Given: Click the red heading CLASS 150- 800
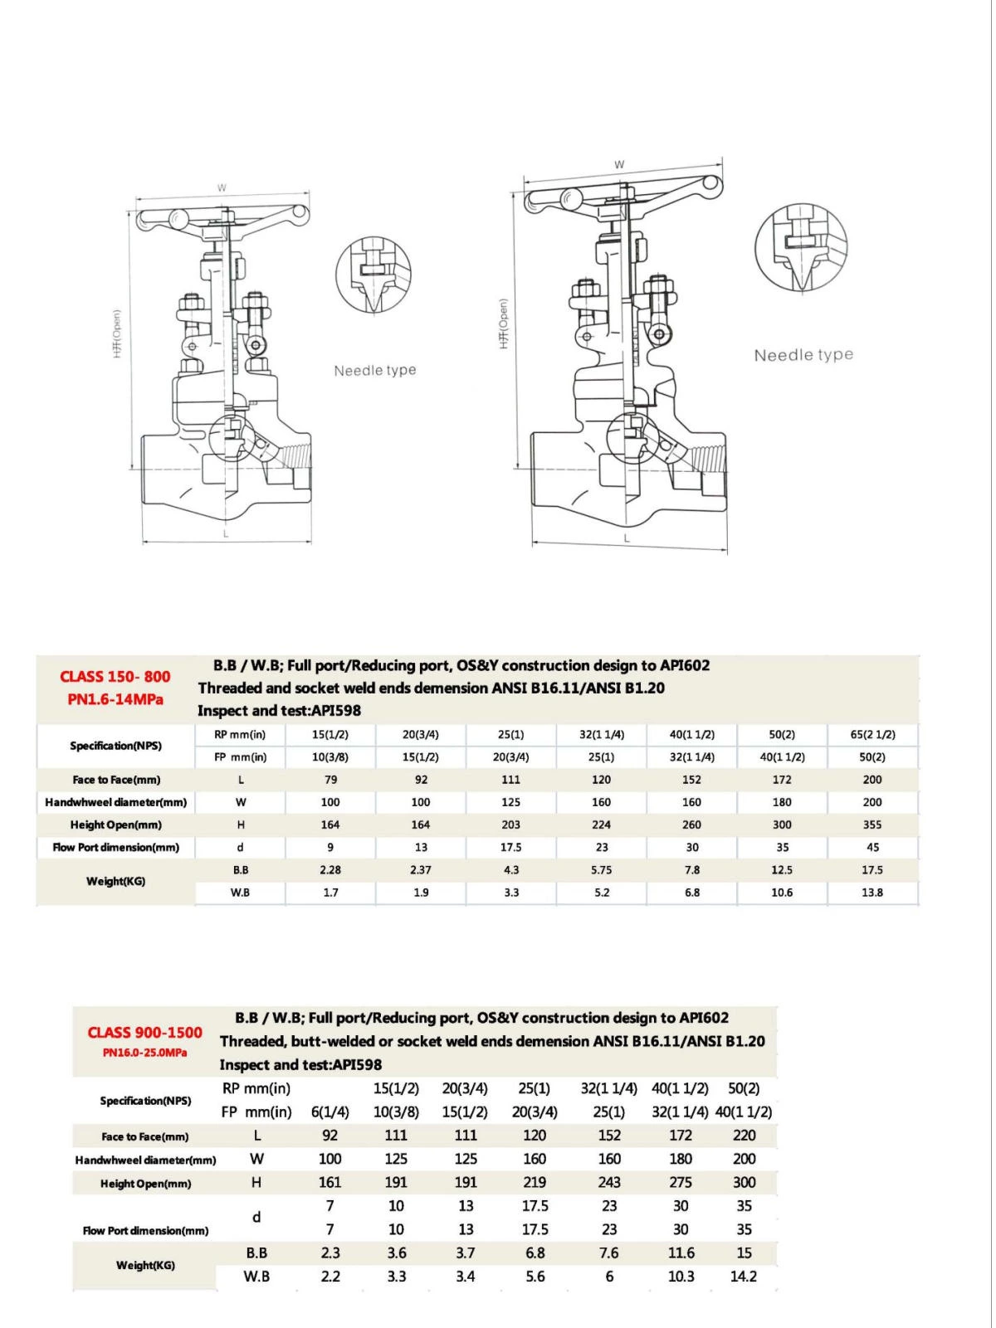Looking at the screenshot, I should tap(115, 677).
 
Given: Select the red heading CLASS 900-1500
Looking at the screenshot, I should tap(145, 1033).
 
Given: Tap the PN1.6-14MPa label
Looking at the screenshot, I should tap(115, 699).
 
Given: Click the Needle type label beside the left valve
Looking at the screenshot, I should tap(375, 371).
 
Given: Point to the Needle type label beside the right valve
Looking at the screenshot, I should tap(803, 355).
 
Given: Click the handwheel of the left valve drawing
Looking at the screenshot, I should tap(222, 219).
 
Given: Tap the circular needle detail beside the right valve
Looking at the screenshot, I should tap(801, 248).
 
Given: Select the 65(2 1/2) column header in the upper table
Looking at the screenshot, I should tap(872, 735).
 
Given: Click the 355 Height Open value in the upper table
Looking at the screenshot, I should tap(872, 825).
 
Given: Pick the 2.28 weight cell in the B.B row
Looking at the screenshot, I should tap(330, 870).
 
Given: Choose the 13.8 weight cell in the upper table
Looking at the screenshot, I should tap(872, 893).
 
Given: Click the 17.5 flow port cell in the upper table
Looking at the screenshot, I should tap(511, 848).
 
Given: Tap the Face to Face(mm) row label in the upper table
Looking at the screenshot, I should tap(116, 780).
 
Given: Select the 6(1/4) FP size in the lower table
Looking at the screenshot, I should tap(330, 1112).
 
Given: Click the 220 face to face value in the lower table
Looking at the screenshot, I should tap(745, 1136).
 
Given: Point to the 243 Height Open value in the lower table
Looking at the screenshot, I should tap(609, 1183).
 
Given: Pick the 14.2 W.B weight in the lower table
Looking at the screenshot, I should tap(744, 1277).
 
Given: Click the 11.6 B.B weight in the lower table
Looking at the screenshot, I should tap(681, 1253).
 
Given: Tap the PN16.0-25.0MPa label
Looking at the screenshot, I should tap(145, 1053).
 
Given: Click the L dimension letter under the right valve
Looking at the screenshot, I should tap(627, 538).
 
